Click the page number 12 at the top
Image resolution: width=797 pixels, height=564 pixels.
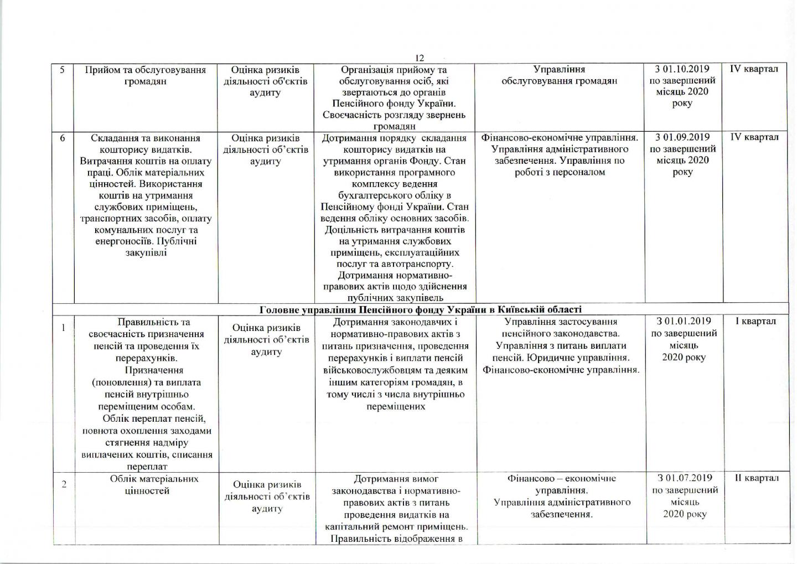pyautogui.click(x=419, y=58)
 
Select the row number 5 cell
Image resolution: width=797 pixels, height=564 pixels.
pyautogui.click(x=63, y=70)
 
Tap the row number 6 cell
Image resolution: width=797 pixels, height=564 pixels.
pyautogui.click(x=63, y=138)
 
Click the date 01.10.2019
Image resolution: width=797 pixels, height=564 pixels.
pyautogui.click(x=686, y=69)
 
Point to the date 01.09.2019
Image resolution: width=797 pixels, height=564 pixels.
pyautogui.click(x=686, y=137)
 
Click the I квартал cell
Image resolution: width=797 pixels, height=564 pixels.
pyautogui.click(x=755, y=321)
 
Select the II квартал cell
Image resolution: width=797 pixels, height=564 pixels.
pyautogui.click(x=756, y=478)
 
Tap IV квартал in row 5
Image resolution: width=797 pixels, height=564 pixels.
pyautogui.click(x=754, y=69)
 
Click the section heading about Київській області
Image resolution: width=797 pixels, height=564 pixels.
pyautogui.click(x=420, y=309)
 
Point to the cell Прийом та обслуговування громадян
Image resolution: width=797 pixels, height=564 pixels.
pyautogui.click(x=146, y=76)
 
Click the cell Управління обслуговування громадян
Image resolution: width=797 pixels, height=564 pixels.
pyautogui.click(x=559, y=76)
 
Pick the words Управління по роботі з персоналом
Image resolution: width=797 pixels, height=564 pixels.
pyautogui.click(x=559, y=167)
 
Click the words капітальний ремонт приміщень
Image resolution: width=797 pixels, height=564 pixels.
pyautogui.click(x=395, y=526)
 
